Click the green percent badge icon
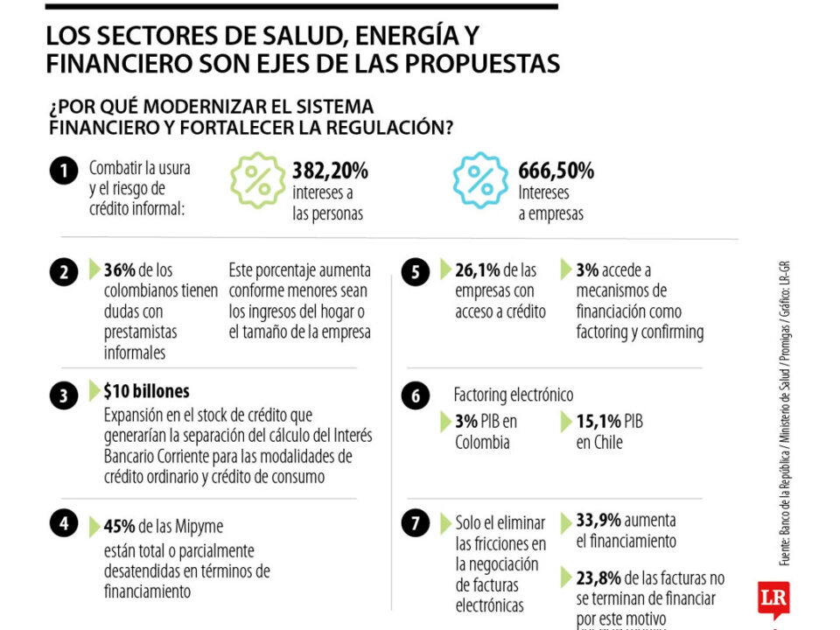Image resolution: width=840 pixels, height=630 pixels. coord(257,179)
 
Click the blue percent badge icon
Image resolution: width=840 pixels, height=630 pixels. coord(480,179)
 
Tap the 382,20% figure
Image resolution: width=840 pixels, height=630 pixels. coord(330,170)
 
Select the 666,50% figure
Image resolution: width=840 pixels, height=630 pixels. coord(556,170)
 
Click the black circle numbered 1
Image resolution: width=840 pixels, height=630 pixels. coord(63,171)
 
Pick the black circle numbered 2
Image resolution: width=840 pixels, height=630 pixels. coord(63,273)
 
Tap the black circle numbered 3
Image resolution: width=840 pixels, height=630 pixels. coord(63,396)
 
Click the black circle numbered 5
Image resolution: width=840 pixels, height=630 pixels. coord(415,273)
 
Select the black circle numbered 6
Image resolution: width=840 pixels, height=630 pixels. coord(415,396)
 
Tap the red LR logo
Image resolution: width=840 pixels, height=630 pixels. coord(773,598)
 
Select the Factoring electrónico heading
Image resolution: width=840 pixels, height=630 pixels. coord(513,395)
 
